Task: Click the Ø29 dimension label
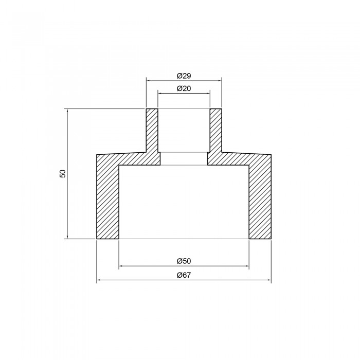184,76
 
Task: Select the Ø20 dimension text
184,88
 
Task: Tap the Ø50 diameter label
184,261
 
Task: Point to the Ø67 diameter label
184,275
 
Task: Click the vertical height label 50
62,173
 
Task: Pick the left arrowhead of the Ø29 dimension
148,81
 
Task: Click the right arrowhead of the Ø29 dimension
220,81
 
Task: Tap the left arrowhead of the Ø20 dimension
160,93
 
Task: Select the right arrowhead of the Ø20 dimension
208,93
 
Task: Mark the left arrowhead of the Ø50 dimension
121,266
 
